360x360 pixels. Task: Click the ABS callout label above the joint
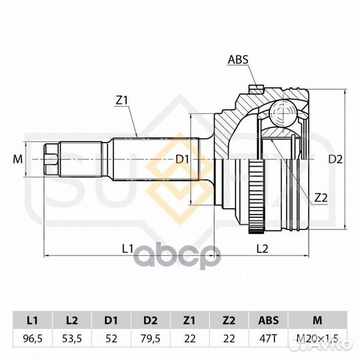click(x=238, y=60)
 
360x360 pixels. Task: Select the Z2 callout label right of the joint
click(x=321, y=198)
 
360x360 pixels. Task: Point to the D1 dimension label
click(x=182, y=159)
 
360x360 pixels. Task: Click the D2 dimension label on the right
click(x=335, y=159)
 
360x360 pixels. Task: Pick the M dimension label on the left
click(x=18, y=159)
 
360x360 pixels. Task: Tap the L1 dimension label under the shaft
click(x=127, y=249)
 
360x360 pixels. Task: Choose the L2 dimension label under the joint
click(x=262, y=249)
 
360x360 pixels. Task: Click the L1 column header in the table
click(x=33, y=320)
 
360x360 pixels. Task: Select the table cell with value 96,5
click(x=33, y=339)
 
